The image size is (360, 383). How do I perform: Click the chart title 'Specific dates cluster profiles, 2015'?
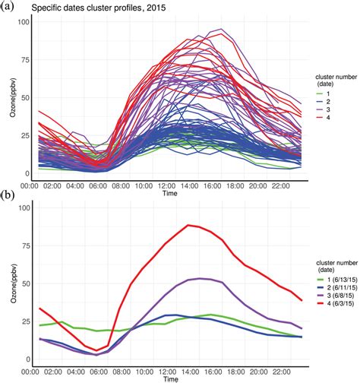(99, 8)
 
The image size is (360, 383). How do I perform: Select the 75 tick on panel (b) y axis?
(24, 245)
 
